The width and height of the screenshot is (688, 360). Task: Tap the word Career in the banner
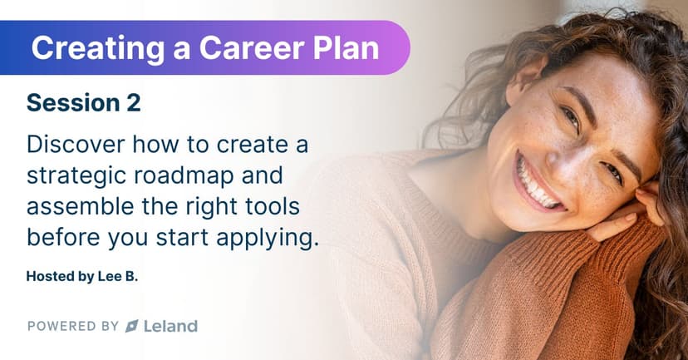tap(252, 47)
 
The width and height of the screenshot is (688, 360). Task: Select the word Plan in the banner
tap(346, 47)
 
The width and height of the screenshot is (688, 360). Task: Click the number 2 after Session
tap(133, 103)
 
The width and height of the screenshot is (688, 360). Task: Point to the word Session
tap(73, 103)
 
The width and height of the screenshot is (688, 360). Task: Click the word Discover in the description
tap(76, 145)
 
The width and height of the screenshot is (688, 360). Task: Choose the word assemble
tap(81, 206)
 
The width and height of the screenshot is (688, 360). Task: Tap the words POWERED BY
tap(73, 326)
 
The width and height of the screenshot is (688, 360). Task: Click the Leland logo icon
tap(132, 326)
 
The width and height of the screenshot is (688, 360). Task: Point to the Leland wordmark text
tap(170, 326)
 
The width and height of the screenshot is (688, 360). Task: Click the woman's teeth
tap(535, 185)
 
